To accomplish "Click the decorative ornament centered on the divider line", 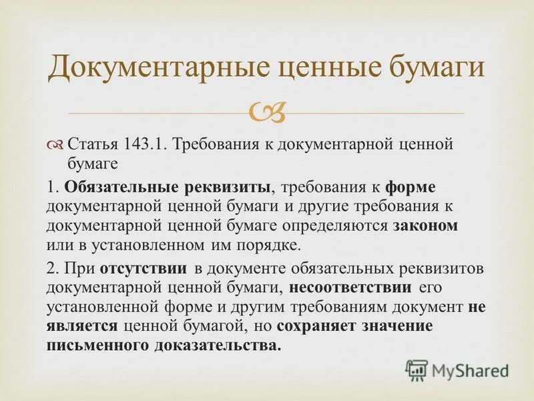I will point(266,113).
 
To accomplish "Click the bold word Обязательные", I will point(121,187).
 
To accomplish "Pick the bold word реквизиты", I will point(227,187).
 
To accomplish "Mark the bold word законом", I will point(425,225).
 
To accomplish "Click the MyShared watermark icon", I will point(417,370).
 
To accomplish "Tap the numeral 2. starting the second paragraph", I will point(53,269).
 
